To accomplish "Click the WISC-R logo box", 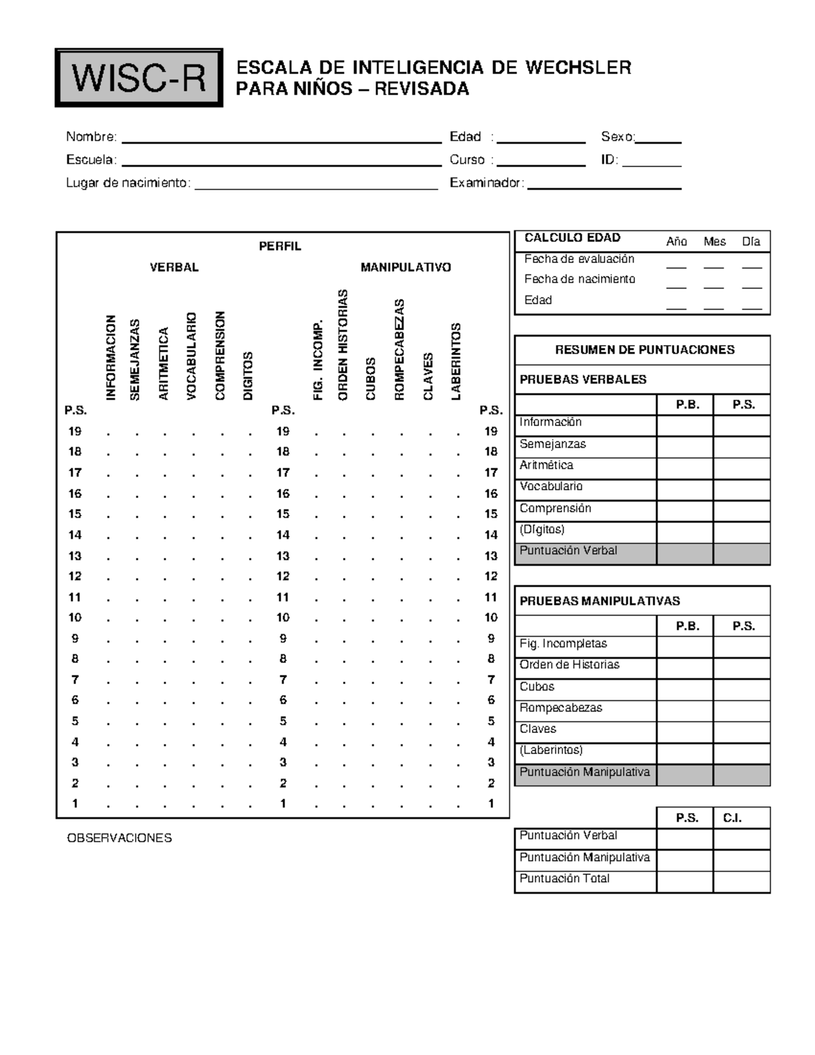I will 139,78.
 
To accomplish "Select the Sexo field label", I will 617,137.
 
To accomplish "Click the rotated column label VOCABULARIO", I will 191,355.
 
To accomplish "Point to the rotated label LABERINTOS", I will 456,361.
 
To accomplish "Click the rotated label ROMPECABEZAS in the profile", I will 399,349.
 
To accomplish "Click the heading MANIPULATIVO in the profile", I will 405,268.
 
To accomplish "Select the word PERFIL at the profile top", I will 280,247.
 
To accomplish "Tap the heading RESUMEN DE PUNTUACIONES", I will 644,350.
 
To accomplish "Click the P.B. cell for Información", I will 685,426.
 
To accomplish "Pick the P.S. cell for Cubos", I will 742,690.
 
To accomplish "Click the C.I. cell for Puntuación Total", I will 742,882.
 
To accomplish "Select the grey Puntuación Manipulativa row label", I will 585,772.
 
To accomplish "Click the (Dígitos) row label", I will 542,530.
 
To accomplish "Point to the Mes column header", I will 714,242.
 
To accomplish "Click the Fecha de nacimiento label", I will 579,279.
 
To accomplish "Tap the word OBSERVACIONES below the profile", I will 119,838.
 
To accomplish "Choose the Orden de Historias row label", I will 569,665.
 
